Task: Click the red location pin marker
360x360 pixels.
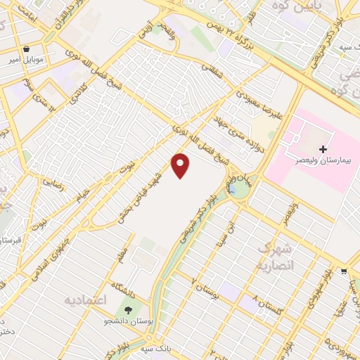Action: [x=181, y=165]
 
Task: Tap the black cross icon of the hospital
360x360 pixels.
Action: [x=323, y=149]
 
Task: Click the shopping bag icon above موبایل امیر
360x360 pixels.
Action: [x=27, y=50]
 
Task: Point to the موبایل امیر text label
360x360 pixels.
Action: [x=27, y=60]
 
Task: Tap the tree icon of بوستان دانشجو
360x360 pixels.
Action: [x=128, y=310]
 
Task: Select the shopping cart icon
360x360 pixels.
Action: [x=343, y=271]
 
